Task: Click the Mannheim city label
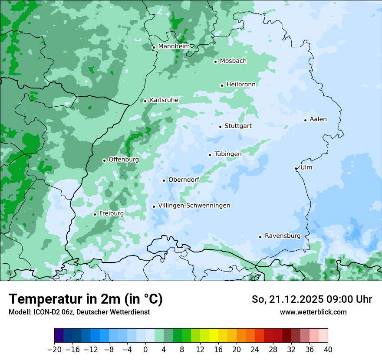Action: point(174,46)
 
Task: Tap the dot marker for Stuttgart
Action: point(220,127)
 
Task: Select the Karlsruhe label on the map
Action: point(164,100)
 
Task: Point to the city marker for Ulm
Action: point(296,168)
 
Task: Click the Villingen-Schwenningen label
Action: point(194,206)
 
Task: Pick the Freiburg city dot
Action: point(95,214)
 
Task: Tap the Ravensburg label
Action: point(283,236)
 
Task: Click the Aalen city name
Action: point(318,119)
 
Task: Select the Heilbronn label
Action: point(241,85)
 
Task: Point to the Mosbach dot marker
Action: point(215,62)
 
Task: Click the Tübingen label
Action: point(228,154)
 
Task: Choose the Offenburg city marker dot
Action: point(104,160)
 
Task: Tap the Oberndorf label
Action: point(184,180)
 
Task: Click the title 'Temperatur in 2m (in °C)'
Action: point(86,299)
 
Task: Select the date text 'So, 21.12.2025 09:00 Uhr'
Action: point(312,299)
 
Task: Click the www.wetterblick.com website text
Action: point(313,312)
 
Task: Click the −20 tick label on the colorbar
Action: point(54,350)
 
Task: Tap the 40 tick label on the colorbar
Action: point(328,350)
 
